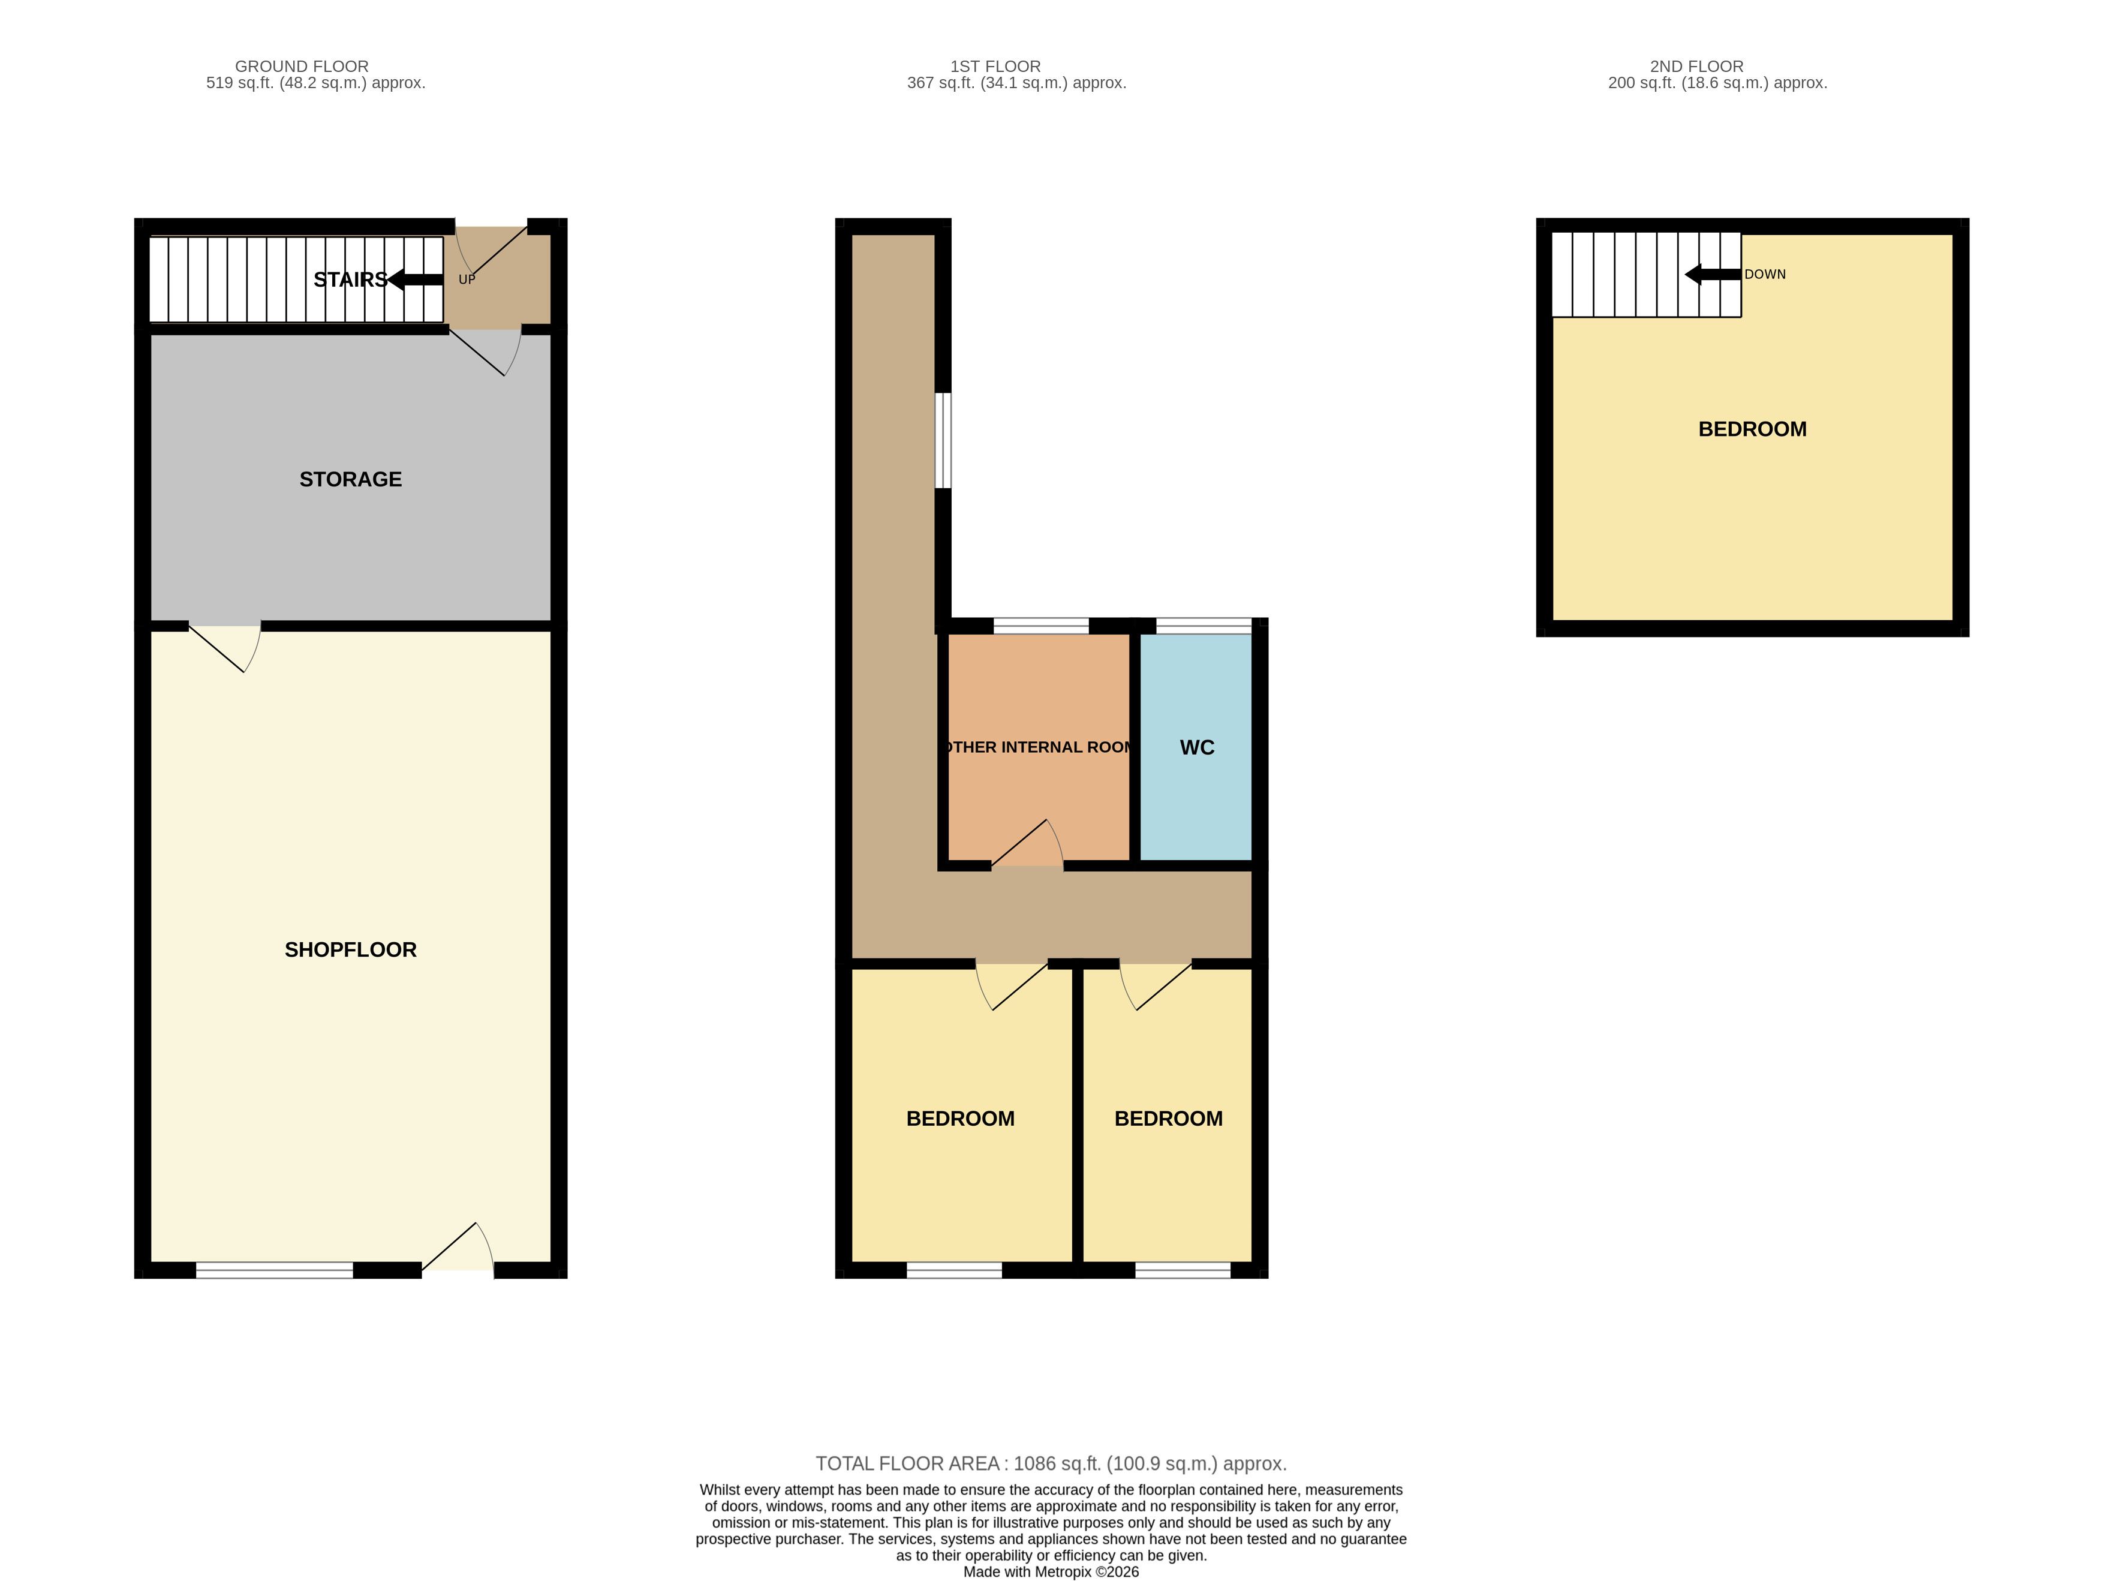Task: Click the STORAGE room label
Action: coord(351,479)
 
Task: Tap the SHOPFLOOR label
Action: coord(351,950)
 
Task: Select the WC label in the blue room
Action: coord(1197,748)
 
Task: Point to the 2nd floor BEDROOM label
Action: coord(1752,429)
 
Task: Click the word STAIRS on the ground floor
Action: coord(351,279)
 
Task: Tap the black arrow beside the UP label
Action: coord(416,279)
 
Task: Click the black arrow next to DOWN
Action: coord(1713,275)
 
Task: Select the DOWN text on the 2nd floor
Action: coord(1765,275)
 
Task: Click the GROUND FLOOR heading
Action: coord(302,67)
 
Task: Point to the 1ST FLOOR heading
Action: coord(995,67)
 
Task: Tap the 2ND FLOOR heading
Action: coord(1697,67)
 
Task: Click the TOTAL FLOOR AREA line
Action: coord(1052,1464)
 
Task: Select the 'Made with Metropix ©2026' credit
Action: coord(1052,1573)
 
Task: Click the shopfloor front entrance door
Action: coord(458,1248)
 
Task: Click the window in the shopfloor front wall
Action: coord(275,1270)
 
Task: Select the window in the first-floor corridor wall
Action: coord(943,440)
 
